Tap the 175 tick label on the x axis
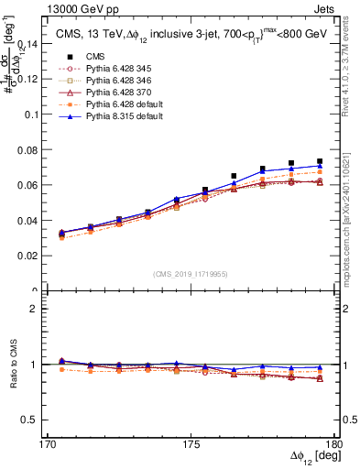191,444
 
